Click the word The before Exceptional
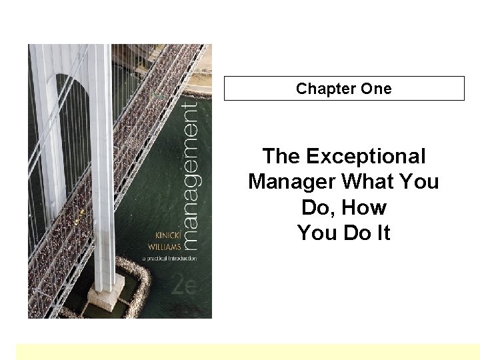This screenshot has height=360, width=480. tap(282, 157)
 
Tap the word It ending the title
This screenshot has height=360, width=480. tap(381, 233)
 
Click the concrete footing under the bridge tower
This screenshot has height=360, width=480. tap(121, 293)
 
